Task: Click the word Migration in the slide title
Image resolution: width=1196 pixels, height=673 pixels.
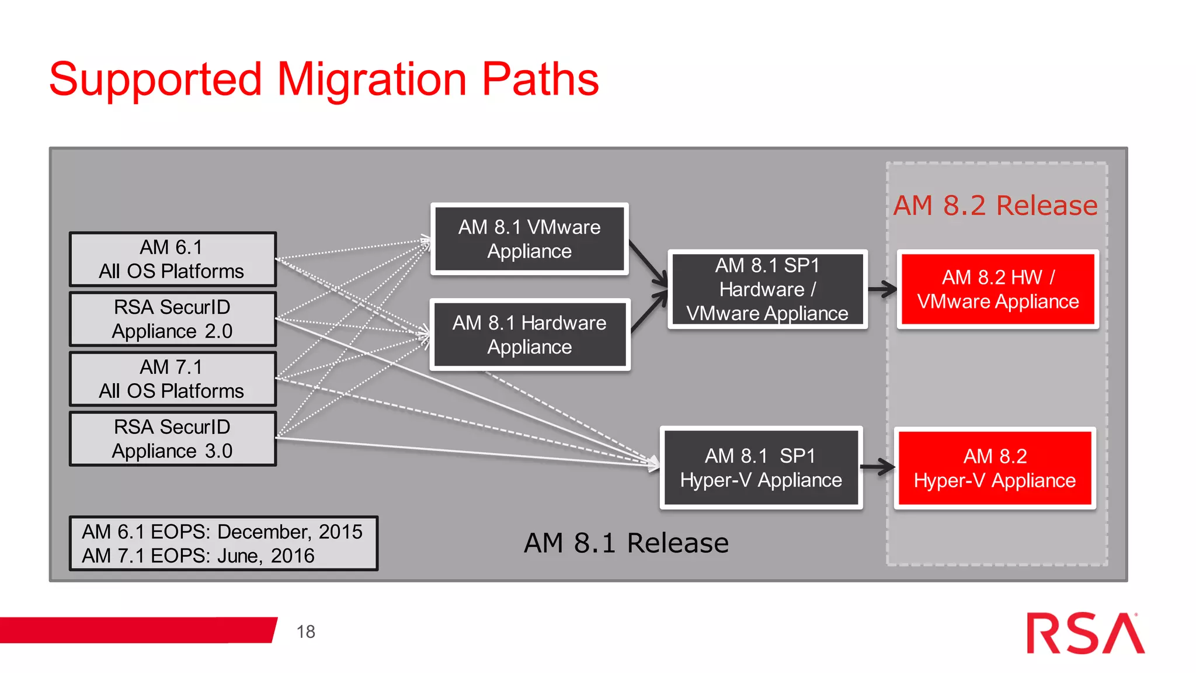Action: pyautogui.click(x=371, y=79)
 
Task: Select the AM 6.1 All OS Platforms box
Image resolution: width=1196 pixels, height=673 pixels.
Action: pyautogui.click(x=172, y=259)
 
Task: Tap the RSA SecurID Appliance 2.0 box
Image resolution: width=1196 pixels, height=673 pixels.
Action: pyautogui.click(x=172, y=319)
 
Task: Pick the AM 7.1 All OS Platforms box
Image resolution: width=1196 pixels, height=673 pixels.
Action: pyautogui.click(x=172, y=379)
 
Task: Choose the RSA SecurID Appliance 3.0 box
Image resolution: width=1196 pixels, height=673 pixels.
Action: pyautogui.click(x=172, y=439)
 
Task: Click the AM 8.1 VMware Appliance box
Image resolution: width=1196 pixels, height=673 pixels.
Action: pyautogui.click(x=529, y=239)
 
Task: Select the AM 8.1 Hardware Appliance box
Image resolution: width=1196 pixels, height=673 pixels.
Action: pyautogui.click(x=529, y=335)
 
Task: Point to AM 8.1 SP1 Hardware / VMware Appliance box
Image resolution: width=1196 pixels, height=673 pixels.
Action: pyautogui.click(x=767, y=289)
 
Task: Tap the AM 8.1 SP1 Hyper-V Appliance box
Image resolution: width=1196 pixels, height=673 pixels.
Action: pyautogui.click(x=761, y=468)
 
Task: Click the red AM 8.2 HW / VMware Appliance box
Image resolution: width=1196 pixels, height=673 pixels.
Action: pyautogui.click(x=997, y=289)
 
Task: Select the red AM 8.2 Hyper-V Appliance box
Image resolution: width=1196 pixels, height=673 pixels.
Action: pyautogui.click(x=995, y=468)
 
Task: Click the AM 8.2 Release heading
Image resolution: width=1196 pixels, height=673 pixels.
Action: pyautogui.click(x=995, y=206)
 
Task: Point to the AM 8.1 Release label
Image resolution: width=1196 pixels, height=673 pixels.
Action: pyautogui.click(x=626, y=543)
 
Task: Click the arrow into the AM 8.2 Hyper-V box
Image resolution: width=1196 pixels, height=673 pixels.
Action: pyautogui.click(x=878, y=466)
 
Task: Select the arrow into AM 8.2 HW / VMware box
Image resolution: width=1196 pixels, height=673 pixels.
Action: pyautogui.click(x=882, y=289)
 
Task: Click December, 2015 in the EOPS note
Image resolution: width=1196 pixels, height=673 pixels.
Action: pyautogui.click(x=290, y=532)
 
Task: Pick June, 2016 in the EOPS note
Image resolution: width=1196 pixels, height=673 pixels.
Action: pyautogui.click(x=265, y=556)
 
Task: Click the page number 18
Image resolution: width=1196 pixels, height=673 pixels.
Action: pyautogui.click(x=305, y=632)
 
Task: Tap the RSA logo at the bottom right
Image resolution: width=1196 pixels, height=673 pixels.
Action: pyautogui.click(x=1085, y=633)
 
